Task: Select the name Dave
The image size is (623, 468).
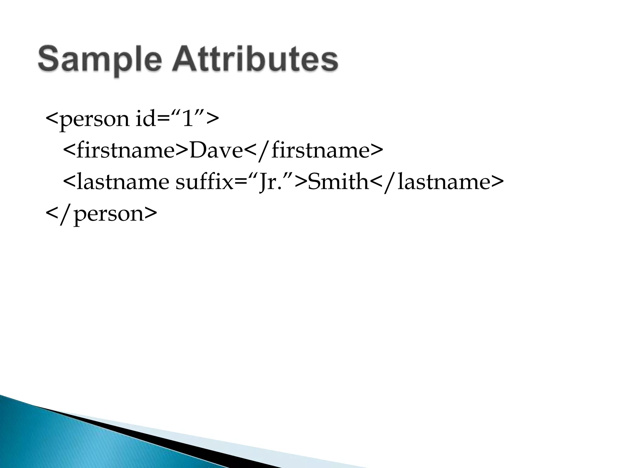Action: (x=216, y=150)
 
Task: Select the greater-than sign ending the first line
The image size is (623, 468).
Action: (x=212, y=119)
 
